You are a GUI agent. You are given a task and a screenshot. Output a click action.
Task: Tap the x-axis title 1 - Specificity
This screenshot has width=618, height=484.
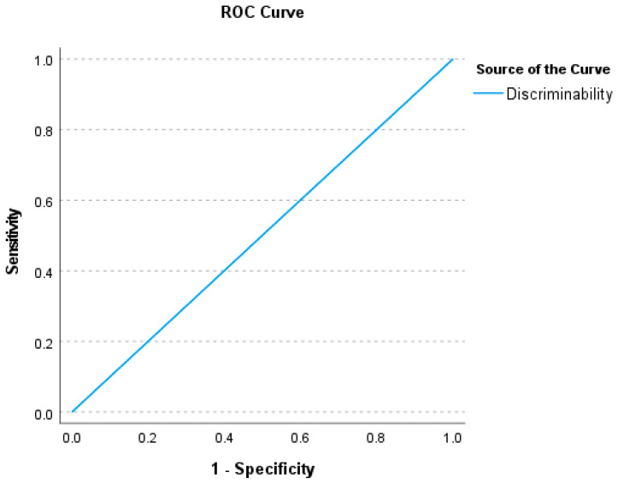pyautogui.click(x=262, y=469)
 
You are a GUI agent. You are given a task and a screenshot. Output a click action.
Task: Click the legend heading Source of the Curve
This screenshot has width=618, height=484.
pyautogui.click(x=543, y=68)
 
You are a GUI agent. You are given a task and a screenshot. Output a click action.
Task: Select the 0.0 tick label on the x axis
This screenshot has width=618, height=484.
pyautogui.click(x=72, y=438)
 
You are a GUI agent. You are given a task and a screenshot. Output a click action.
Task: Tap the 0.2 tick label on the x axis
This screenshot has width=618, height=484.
pyautogui.click(x=148, y=438)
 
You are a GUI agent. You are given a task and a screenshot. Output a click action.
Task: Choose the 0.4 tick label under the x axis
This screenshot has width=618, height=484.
pyautogui.click(x=224, y=438)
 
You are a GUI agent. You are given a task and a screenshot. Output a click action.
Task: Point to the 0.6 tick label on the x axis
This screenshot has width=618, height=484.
pyautogui.click(x=300, y=438)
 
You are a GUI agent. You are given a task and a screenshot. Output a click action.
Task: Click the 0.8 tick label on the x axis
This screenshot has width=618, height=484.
pyautogui.click(x=376, y=438)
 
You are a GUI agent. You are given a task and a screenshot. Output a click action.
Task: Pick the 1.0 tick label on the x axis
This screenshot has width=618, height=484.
pyautogui.click(x=452, y=438)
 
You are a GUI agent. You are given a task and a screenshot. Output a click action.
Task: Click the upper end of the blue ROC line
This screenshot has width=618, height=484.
pyautogui.click(x=452, y=60)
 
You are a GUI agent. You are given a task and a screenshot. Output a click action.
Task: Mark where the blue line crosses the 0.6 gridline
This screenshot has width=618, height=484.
pyautogui.click(x=300, y=201)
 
